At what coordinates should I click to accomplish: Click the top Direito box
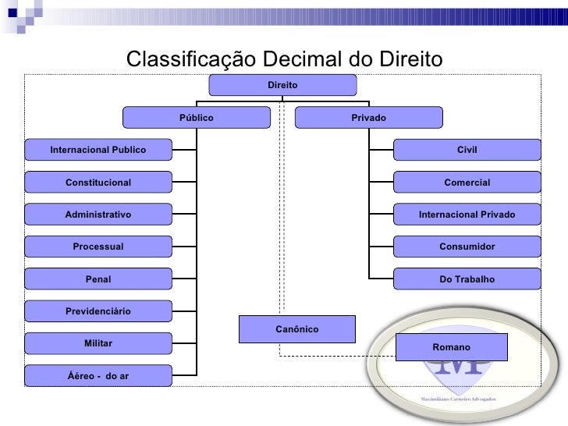coord(282,84)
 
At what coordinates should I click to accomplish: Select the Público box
coord(196,117)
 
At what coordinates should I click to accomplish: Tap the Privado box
coord(368,117)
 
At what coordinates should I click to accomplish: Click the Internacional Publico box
coord(98,149)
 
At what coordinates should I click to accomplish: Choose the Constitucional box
coord(98,182)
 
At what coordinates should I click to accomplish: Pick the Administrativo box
coord(98,214)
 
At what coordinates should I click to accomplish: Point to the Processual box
coord(98,247)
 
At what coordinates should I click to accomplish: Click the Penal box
coord(98,279)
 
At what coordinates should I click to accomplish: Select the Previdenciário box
coord(98,311)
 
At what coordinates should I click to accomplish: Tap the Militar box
coord(98,343)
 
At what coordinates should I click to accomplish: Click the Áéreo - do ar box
coord(98,376)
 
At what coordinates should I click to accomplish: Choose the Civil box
coord(467,149)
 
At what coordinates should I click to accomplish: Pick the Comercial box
coord(467,182)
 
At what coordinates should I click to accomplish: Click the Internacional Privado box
coord(467,214)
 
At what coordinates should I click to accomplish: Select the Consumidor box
coord(467,247)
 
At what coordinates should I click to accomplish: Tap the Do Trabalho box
coord(467,279)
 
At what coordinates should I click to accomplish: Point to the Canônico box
coord(296,328)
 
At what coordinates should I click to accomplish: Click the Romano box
coord(451,346)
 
